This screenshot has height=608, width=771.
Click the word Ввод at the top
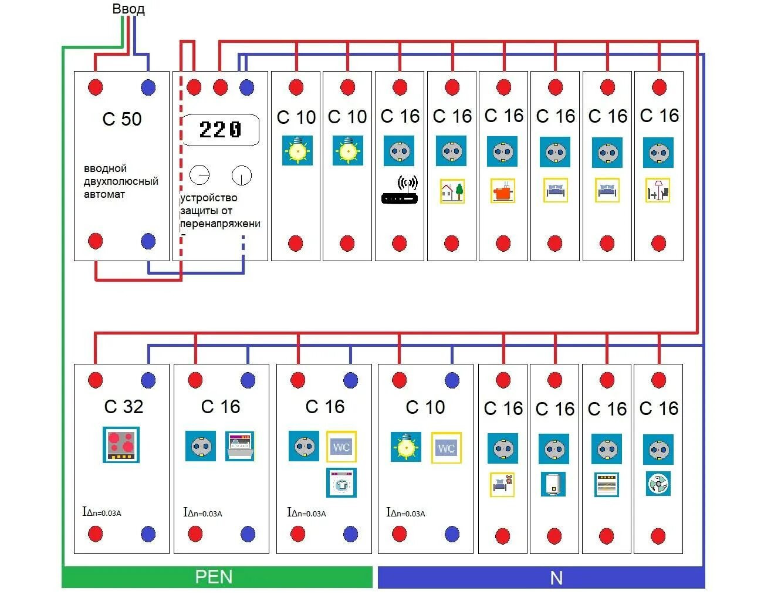click(128, 9)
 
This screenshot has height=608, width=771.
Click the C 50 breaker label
click(122, 119)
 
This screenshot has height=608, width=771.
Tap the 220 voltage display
click(220, 130)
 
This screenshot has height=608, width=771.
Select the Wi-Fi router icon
click(400, 191)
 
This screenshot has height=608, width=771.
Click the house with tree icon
click(452, 191)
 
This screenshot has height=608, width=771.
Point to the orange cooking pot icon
click(503, 191)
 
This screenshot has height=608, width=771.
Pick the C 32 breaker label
click(124, 407)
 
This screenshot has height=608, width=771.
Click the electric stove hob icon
click(121, 445)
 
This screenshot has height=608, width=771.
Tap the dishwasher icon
click(240, 447)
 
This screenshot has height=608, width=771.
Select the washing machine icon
click(341, 483)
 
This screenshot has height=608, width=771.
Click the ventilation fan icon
click(658, 484)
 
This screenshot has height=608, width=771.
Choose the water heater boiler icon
click(553, 484)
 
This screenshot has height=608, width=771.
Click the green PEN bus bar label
click(214, 577)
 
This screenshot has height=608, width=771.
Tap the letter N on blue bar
click(556, 578)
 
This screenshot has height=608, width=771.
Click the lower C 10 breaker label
click(425, 407)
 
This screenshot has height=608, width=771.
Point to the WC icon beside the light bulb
click(447, 448)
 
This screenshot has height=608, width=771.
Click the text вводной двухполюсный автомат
click(121, 181)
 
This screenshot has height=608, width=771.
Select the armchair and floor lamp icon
click(658, 191)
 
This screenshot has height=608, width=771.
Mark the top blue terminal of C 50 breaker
click(148, 87)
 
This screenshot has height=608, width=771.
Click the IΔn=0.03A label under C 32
click(102, 512)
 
